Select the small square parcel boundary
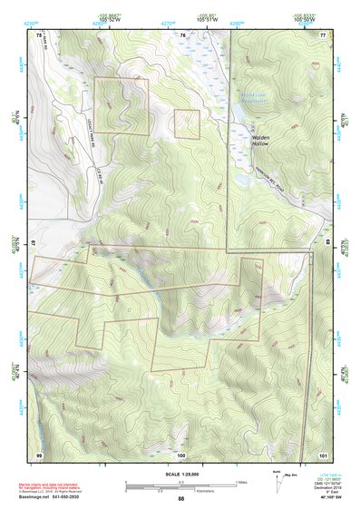click(187, 124)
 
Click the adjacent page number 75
click(39, 34)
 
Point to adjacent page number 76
click(181, 34)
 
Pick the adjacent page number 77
click(323, 34)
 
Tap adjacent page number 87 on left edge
click(35, 244)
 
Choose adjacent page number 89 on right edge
click(326, 244)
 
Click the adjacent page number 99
click(39, 453)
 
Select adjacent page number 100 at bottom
click(181, 453)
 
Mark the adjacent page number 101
click(322, 453)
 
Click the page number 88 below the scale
click(180, 499)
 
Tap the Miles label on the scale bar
click(240, 481)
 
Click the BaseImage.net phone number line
click(53, 498)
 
